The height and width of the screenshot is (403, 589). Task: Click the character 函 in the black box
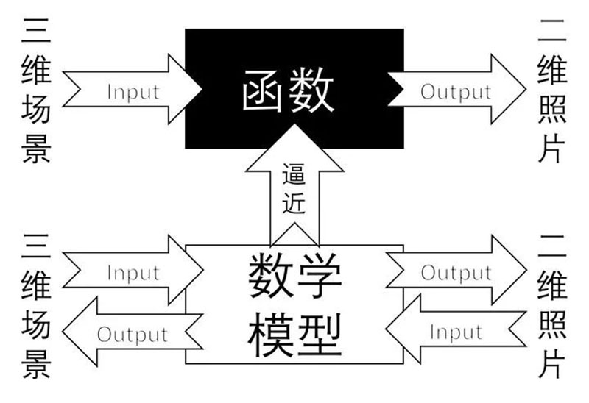(262, 91)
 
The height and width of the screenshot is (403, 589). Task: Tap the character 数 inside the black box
(311, 90)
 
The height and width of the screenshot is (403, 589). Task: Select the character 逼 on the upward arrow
(294, 174)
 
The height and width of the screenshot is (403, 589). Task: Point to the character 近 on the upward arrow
(294, 203)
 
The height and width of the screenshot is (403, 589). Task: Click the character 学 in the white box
(319, 275)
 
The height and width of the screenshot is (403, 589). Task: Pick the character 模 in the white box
(270, 335)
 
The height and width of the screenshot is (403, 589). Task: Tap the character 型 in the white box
(319, 335)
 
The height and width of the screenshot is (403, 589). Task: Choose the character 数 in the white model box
(270, 275)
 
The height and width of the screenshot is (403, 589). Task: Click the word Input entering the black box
(133, 92)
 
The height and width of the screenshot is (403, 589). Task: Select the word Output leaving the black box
(456, 92)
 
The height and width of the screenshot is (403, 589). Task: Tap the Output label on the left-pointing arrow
(133, 335)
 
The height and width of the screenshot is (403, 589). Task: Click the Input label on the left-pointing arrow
(456, 332)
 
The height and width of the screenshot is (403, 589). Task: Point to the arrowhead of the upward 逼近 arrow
(294, 125)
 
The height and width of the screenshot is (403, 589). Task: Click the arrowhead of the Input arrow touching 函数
(202, 89)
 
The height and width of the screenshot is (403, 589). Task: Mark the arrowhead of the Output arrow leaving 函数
(525, 89)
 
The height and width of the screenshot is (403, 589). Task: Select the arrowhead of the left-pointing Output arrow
(63, 332)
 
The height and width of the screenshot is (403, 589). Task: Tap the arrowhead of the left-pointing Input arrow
(387, 329)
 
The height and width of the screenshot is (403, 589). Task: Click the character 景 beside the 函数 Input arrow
(36, 149)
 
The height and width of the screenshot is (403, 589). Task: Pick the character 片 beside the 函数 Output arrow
(552, 149)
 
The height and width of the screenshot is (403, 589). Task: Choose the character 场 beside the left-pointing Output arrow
(36, 324)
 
